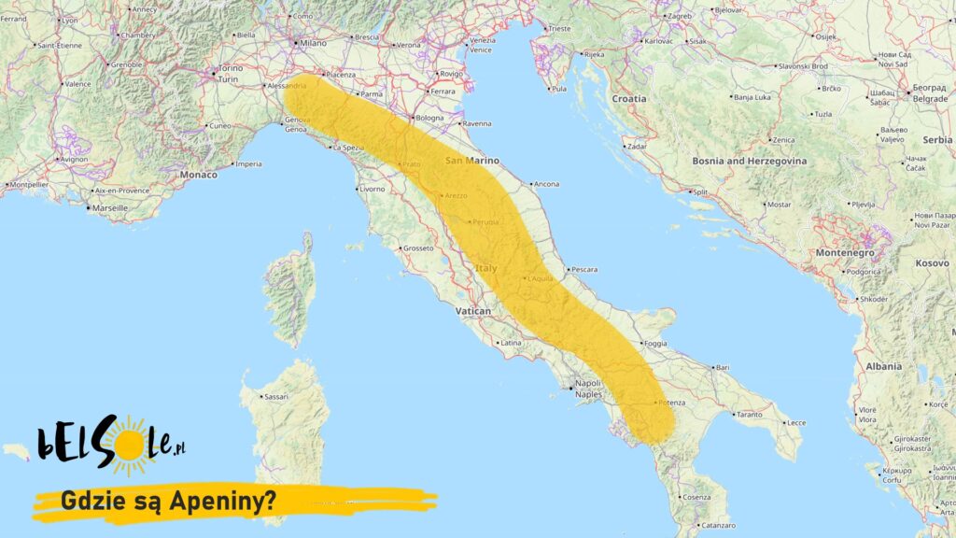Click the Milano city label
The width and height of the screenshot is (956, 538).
tap(313, 43)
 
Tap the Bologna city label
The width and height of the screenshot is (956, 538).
tap(430, 118)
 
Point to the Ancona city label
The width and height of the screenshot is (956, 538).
tap(546, 184)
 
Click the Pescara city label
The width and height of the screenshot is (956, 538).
tap(583, 269)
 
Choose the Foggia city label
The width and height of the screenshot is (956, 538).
tap(655, 344)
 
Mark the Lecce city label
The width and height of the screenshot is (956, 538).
tap(795, 422)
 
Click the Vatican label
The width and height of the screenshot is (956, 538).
tap(473, 310)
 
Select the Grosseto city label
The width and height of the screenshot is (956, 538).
tap(417, 248)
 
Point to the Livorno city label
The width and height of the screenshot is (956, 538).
tap(372, 189)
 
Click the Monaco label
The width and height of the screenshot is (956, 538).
tap(198, 175)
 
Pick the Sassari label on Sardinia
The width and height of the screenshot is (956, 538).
tap(276, 397)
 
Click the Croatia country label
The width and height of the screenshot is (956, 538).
tap(628, 98)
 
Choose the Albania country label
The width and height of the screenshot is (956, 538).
tap(883, 366)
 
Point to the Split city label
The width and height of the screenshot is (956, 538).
tap(700, 192)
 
